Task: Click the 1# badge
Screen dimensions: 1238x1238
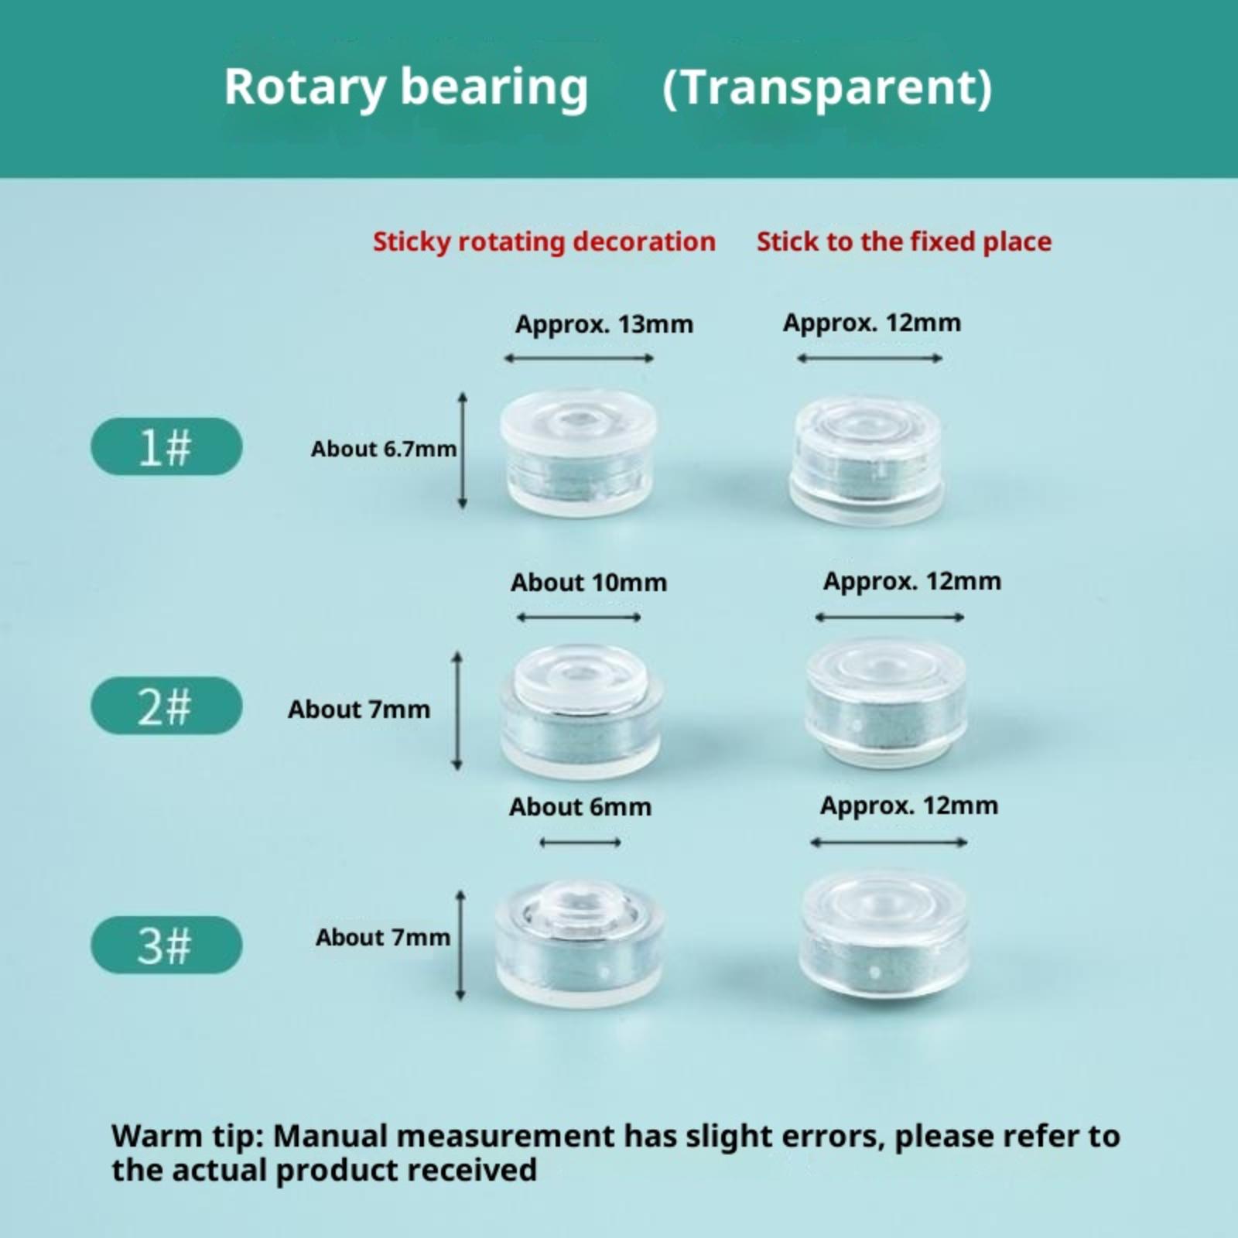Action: coord(166,446)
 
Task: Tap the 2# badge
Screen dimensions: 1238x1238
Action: coord(166,706)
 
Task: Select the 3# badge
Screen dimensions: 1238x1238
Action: coord(166,945)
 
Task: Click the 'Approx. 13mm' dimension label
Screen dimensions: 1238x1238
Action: coord(604,324)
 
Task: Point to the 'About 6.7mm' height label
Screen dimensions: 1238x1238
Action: coord(384,449)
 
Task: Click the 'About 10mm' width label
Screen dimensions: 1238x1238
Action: coord(589,583)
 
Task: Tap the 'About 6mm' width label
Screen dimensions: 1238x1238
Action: coord(580,807)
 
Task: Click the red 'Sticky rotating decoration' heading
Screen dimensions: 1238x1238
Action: coord(545,242)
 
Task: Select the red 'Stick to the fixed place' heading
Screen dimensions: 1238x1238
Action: coord(904,241)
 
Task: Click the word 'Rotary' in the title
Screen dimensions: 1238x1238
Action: coord(305,87)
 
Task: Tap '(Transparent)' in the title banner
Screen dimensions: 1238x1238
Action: coord(827,87)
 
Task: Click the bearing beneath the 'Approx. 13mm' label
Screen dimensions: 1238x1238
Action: coord(578,453)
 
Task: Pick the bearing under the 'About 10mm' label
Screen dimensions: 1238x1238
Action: coord(580,710)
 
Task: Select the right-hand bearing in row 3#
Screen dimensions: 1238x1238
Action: coord(882,939)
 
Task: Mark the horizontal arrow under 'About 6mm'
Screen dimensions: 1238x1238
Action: coord(580,842)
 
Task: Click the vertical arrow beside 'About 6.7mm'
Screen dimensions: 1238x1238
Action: coord(463,450)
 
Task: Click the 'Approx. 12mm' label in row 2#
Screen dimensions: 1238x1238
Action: coord(912,581)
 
